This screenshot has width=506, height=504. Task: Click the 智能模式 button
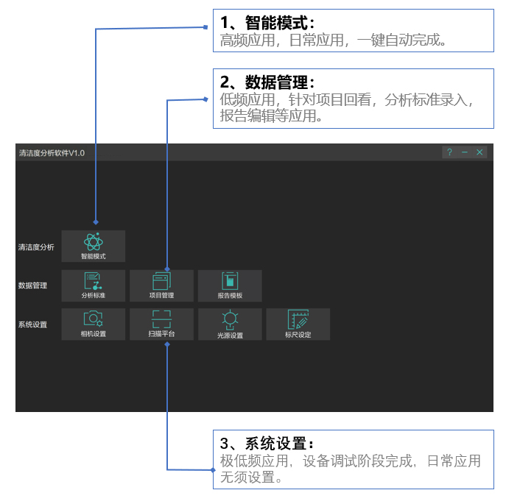(94, 246)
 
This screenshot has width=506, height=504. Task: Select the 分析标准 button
(94, 285)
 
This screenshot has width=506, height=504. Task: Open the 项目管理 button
(162, 285)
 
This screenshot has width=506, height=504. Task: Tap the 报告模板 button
(230, 285)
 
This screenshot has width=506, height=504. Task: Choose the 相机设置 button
(94, 324)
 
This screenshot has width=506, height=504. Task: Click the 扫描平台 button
(162, 324)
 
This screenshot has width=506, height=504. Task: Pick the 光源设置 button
(230, 324)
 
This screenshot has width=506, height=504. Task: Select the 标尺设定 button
(298, 324)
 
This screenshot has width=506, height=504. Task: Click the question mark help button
(449, 152)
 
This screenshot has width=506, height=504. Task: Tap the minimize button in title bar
(465, 152)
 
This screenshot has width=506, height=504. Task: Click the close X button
(479, 152)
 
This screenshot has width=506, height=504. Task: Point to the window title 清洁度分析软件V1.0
(52, 153)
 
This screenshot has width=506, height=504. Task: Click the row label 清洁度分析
(36, 247)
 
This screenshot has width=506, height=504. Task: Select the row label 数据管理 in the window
(32, 285)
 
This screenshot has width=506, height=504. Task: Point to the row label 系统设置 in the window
(32, 324)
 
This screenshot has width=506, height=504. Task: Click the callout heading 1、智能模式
(267, 23)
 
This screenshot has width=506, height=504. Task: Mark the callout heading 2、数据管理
(267, 82)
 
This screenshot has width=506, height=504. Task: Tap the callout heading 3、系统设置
(267, 444)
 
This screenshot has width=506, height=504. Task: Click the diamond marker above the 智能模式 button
(96, 222)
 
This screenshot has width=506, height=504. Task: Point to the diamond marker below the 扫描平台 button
(167, 344)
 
